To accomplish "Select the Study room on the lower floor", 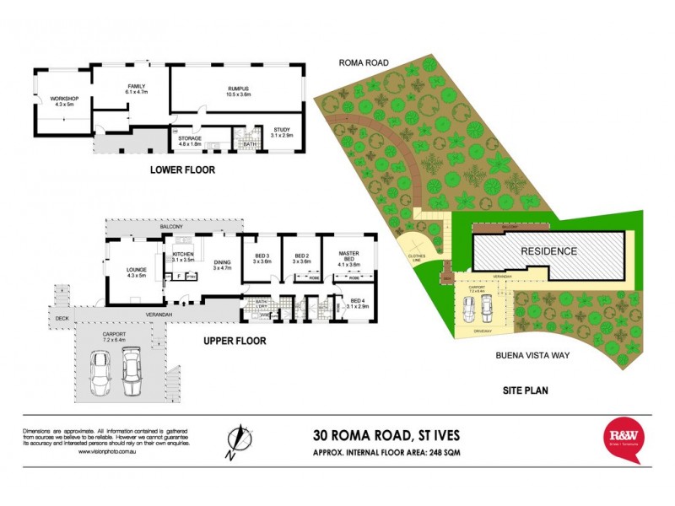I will click(x=281, y=132).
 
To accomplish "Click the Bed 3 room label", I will click(x=262, y=257).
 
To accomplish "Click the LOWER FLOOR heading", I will click(x=182, y=170).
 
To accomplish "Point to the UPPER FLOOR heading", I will click(x=235, y=341).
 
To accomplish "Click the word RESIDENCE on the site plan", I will click(x=548, y=250).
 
